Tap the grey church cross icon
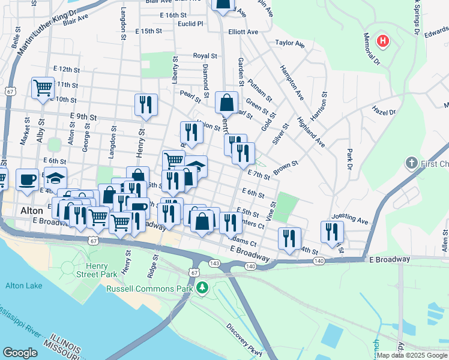click(x=411, y=163)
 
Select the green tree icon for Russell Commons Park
click(x=203, y=289)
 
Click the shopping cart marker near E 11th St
click(x=43, y=88)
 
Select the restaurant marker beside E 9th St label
click(x=146, y=104)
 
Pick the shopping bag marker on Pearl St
click(x=226, y=103)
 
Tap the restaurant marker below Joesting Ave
click(x=332, y=232)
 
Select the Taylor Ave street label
click(x=290, y=43)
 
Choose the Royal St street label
click(x=205, y=56)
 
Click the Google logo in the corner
click(x=20, y=353)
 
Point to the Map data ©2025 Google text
click(x=412, y=355)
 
